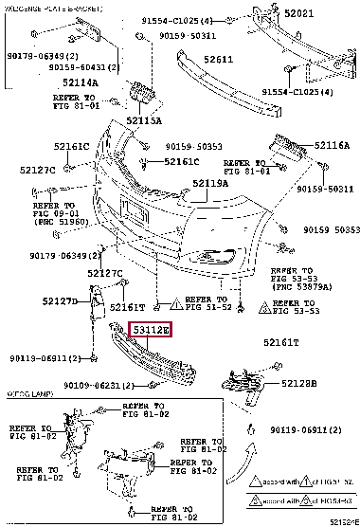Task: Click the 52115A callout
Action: click(x=144, y=122)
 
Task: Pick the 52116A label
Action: click(x=332, y=146)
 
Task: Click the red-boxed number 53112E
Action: click(x=151, y=331)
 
